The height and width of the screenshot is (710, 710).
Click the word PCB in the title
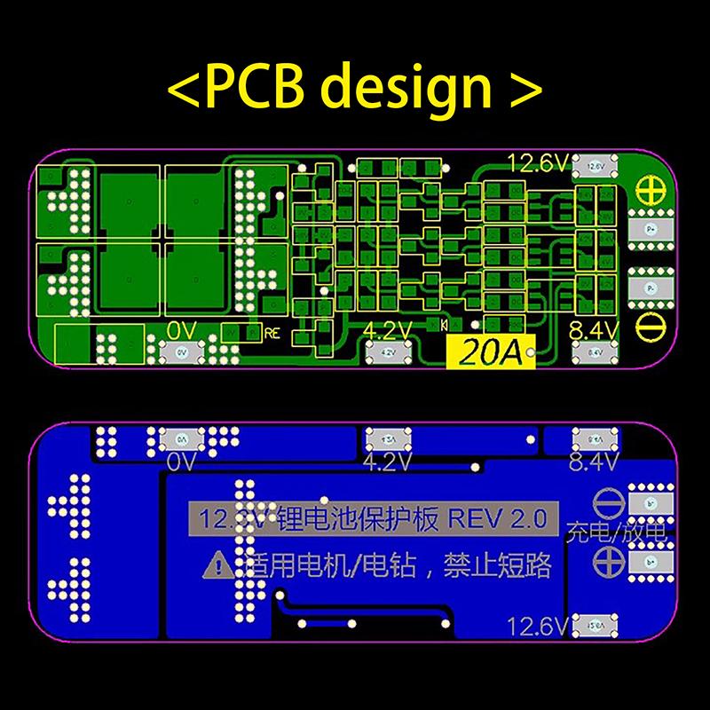coord(254,86)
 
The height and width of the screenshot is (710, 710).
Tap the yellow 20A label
coord(480,352)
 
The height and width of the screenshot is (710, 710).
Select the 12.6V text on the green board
coord(538,162)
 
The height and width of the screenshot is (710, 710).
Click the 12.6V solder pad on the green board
coord(595,166)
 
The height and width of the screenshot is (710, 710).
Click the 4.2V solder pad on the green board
coord(386,352)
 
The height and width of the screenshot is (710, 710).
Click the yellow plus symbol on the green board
coord(649,188)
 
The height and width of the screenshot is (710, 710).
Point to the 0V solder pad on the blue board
coord(180,438)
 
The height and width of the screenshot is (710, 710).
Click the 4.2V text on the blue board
coord(387,462)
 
